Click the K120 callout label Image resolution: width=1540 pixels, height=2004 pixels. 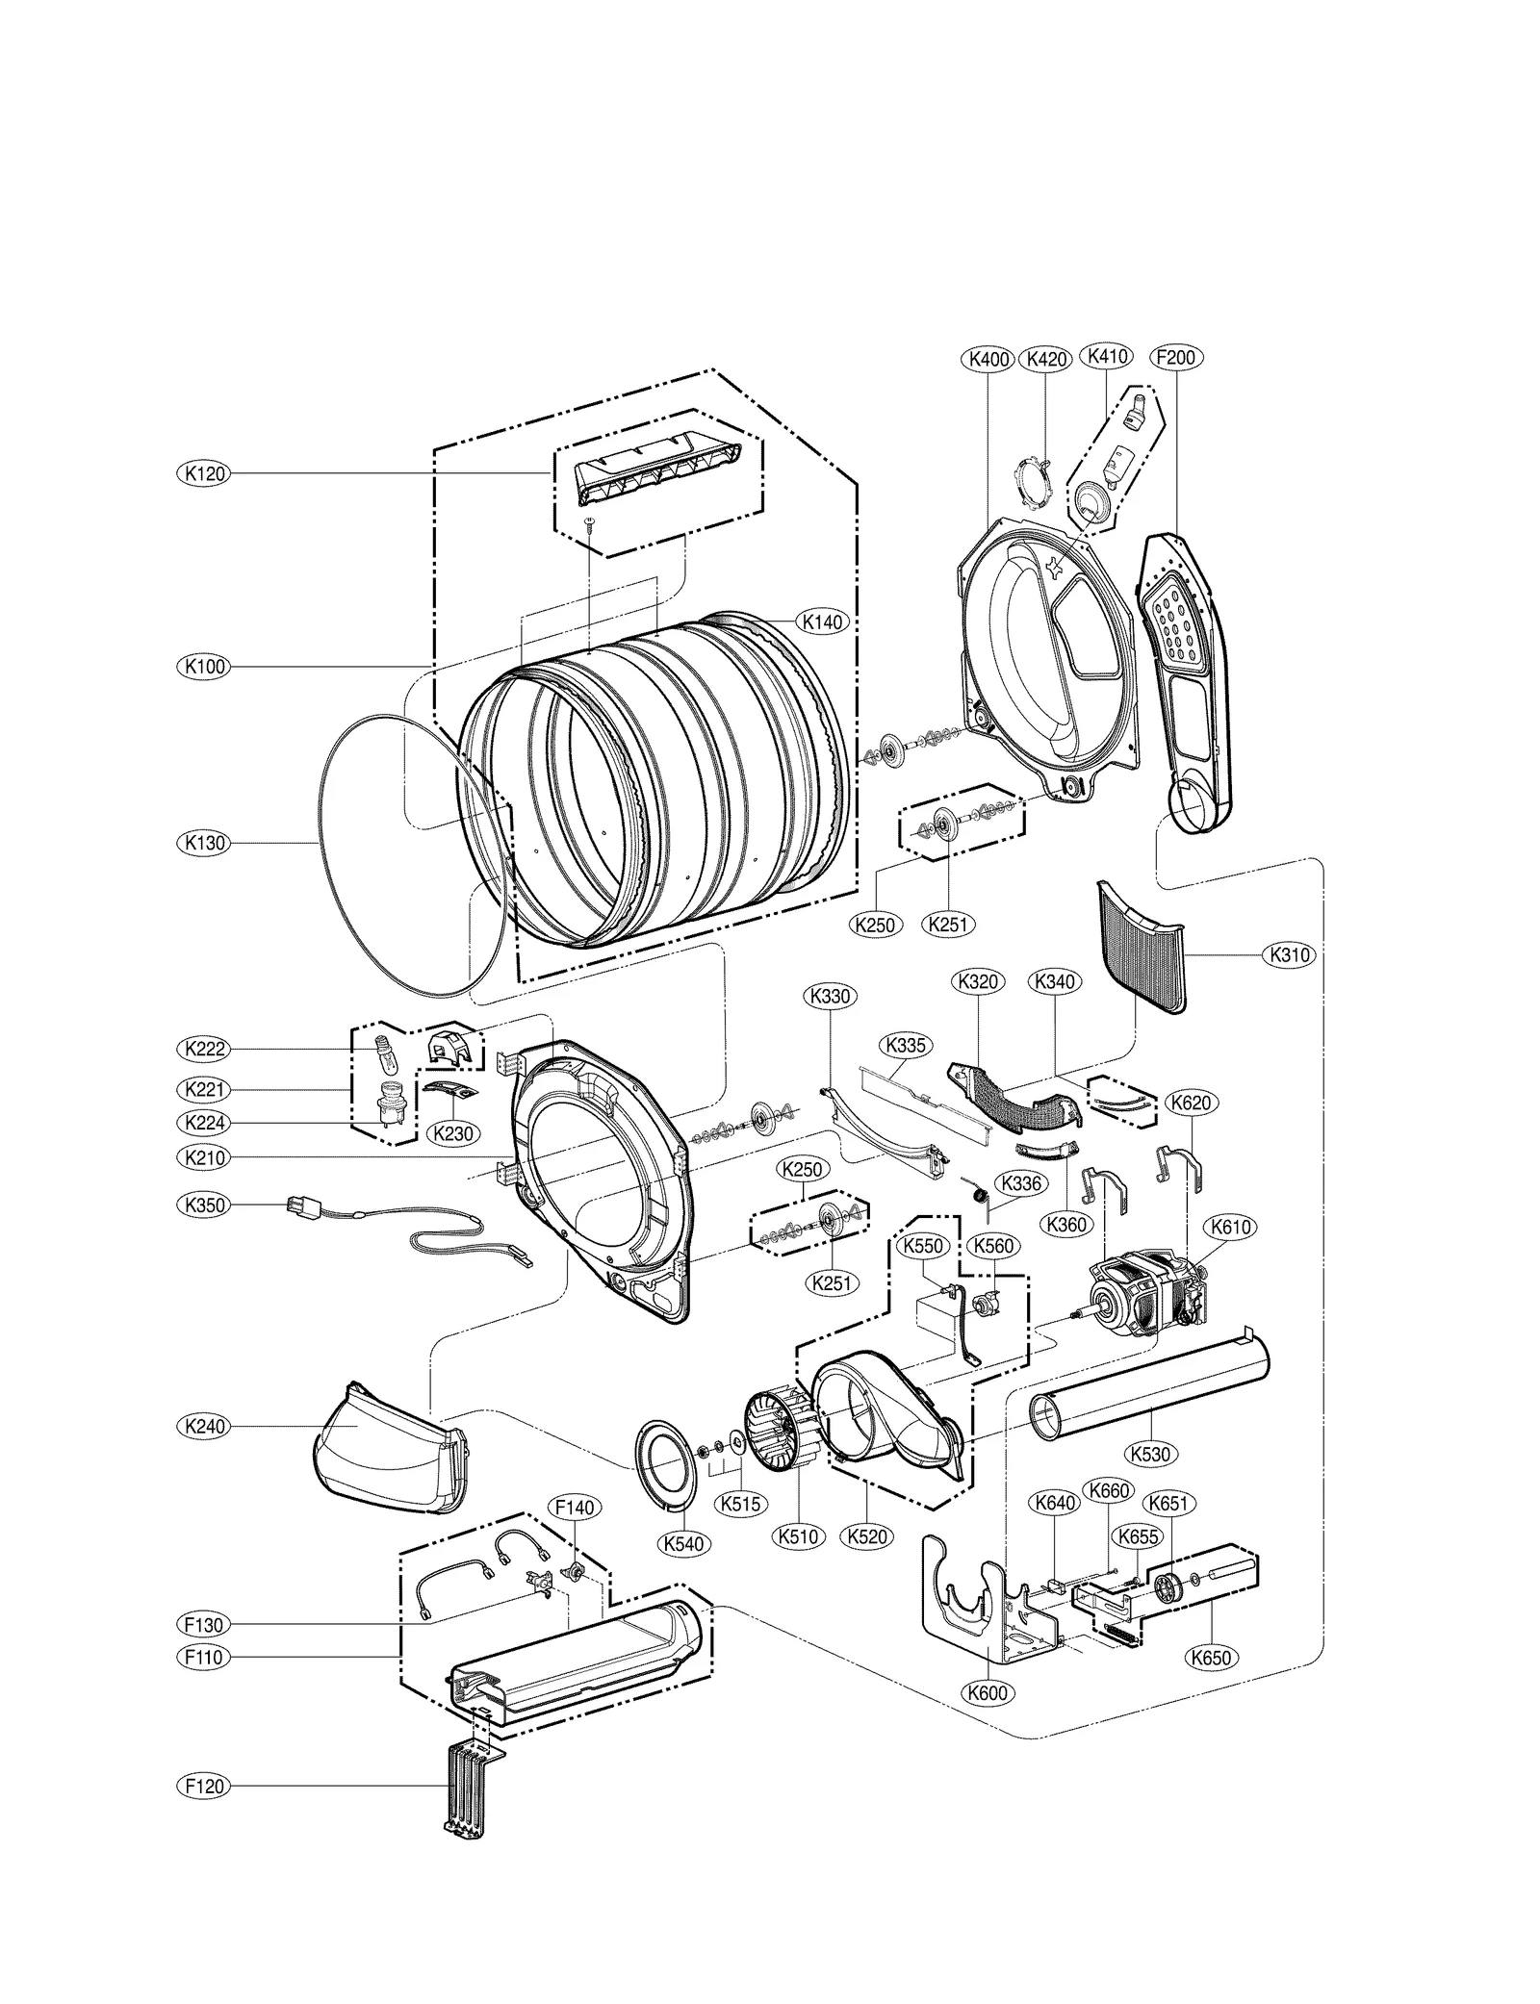pos(204,473)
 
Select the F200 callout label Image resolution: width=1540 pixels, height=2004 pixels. pos(1174,358)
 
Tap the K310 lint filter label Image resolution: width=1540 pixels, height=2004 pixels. pos(1289,955)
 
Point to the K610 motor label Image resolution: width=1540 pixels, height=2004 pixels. pos(1230,1227)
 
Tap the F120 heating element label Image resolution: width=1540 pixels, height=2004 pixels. pos(204,1787)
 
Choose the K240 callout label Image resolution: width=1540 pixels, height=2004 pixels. pos(204,1426)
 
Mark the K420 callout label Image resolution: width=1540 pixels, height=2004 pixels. pos(1046,359)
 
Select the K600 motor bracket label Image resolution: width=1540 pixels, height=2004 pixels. pos(988,1692)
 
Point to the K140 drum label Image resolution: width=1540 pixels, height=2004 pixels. pos(822,622)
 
